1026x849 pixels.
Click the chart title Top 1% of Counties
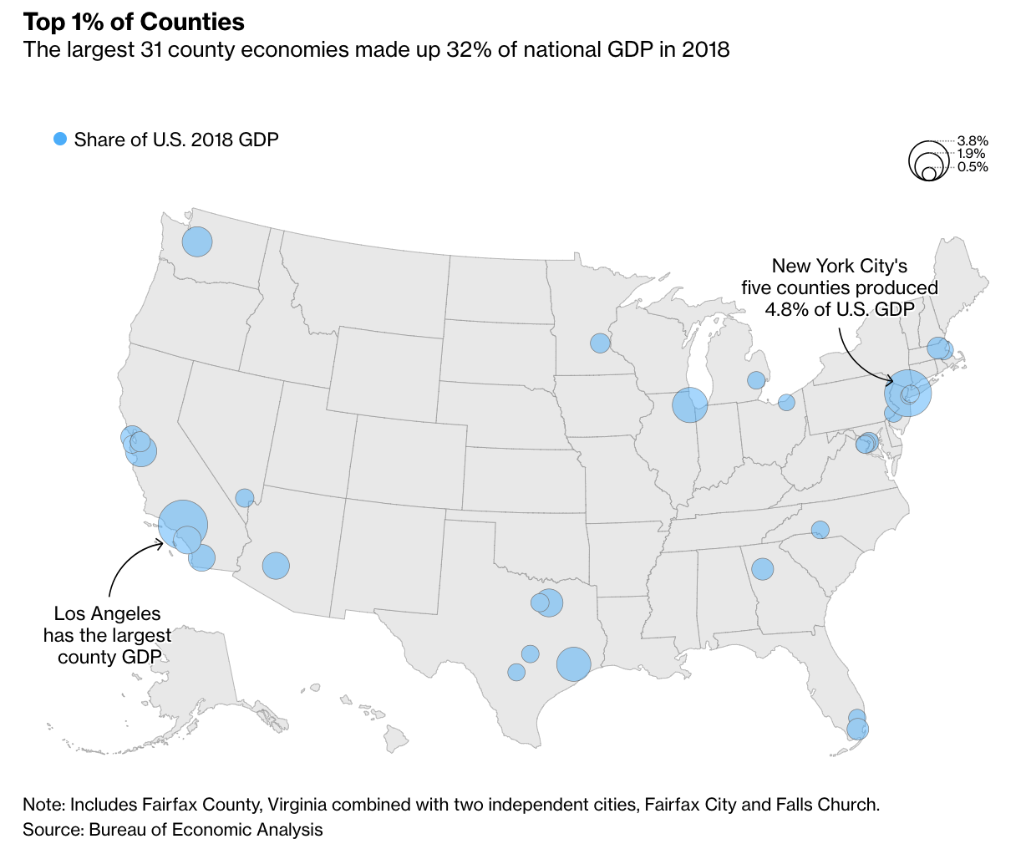point(134,22)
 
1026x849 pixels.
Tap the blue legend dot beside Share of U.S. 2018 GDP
point(59,140)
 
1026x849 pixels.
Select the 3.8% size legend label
point(973,140)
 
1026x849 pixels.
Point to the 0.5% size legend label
point(973,167)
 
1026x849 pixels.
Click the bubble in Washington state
point(197,242)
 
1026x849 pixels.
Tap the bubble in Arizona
point(276,566)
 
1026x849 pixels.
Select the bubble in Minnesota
point(600,343)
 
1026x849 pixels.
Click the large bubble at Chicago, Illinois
point(690,405)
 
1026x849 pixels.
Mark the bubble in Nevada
point(245,498)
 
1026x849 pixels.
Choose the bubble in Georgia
point(762,569)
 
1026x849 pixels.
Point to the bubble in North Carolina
point(820,529)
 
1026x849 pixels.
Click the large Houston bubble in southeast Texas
point(574,664)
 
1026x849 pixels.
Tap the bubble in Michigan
point(756,380)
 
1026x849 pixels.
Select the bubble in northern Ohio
point(786,403)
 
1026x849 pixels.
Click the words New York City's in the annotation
point(839,267)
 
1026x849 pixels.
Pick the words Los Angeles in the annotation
point(107,613)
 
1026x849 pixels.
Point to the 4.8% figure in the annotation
point(785,309)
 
